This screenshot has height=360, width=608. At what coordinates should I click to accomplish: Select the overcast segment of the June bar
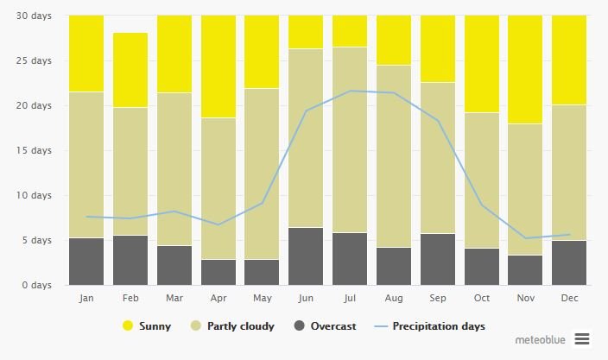(x=306, y=256)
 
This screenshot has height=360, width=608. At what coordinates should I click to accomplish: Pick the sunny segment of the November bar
(x=525, y=69)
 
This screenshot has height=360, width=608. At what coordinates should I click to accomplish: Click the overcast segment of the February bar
(x=130, y=260)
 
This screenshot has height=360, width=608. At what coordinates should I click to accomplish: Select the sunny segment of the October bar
(x=481, y=64)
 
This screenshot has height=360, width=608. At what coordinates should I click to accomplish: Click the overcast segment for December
(x=569, y=262)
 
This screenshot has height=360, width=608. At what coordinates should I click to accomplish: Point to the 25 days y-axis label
(x=34, y=60)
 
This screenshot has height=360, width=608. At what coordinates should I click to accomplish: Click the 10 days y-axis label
(x=34, y=195)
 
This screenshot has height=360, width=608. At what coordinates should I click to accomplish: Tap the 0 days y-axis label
(x=36, y=285)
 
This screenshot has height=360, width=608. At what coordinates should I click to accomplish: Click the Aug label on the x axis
(x=394, y=298)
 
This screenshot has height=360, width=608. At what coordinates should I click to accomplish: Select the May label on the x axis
(x=262, y=298)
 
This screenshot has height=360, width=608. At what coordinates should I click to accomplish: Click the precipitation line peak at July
(x=350, y=91)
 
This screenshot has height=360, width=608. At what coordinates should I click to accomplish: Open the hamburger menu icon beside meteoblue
(x=581, y=339)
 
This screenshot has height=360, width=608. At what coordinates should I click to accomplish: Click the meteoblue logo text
(x=539, y=339)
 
